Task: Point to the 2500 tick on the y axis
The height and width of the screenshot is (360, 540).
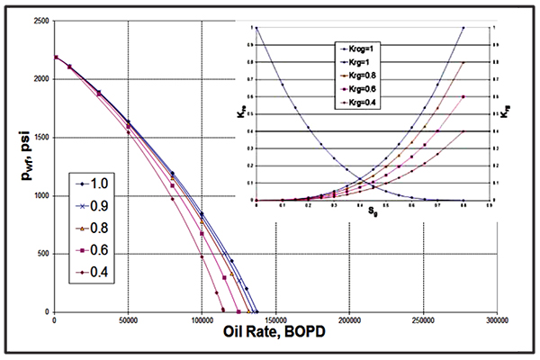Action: (x=38, y=20)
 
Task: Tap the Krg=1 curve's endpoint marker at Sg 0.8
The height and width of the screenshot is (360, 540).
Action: (x=463, y=28)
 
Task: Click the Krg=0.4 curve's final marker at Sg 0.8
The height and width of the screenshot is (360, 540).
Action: (x=463, y=131)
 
